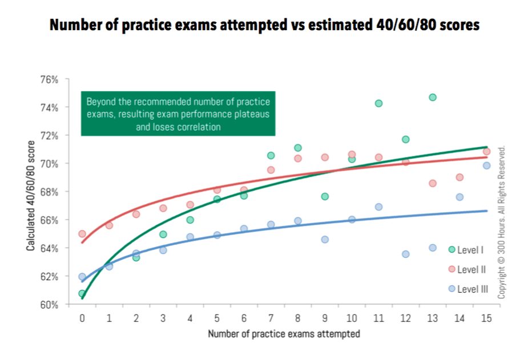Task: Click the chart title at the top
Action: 264,26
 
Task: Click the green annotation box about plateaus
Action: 178,114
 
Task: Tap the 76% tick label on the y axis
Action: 49,79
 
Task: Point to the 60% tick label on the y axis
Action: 49,305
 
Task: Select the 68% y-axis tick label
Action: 49,192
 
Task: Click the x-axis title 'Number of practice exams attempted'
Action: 284,334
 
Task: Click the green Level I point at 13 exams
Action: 432,98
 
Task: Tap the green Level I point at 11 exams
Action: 378,103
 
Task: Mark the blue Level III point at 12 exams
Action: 405,254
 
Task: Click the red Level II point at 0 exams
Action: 82,234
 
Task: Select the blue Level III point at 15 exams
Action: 486,165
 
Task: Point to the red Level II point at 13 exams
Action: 432,183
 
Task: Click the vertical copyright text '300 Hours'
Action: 502,223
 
